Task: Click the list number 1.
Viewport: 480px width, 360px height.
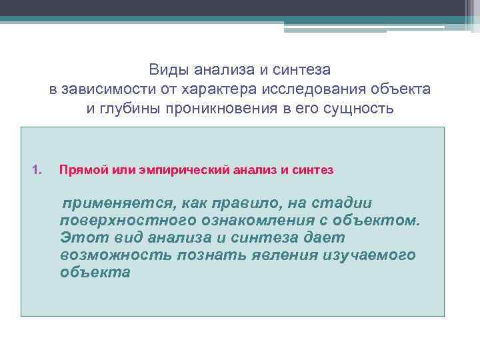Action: (36, 170)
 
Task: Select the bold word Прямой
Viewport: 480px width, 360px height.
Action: (79, 170)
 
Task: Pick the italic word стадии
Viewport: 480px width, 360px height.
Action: (345, 203)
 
